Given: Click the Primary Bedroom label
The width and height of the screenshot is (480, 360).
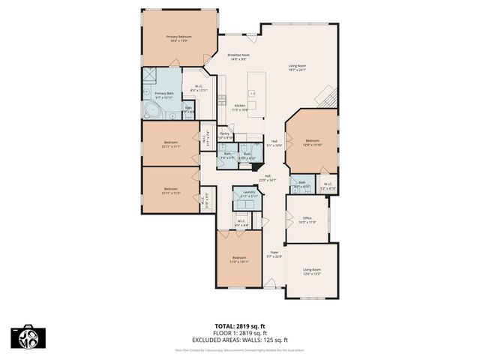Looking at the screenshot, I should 178,38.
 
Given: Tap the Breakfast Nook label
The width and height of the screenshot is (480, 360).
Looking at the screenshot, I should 238,56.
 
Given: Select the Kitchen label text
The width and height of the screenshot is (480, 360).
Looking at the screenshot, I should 240,107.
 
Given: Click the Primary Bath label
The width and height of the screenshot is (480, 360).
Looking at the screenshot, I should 164,95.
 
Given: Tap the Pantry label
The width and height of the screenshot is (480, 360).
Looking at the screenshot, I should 224,135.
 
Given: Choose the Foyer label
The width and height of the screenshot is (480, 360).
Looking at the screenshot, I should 274,254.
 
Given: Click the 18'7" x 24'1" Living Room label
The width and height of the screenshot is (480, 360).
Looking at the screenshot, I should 298,69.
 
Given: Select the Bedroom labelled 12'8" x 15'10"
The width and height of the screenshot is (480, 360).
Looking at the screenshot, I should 312,142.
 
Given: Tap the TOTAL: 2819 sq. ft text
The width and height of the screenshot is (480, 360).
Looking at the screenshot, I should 239,326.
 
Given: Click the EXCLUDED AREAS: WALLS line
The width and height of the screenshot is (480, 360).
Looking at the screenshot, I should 239,338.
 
